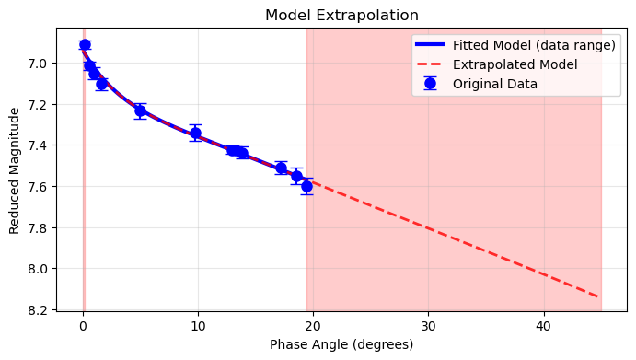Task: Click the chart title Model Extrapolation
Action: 341,16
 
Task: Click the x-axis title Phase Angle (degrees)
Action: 341,344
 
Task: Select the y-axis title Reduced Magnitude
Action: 15,170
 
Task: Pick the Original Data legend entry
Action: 495,84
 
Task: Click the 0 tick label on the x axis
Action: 83,325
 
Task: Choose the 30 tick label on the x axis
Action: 428,325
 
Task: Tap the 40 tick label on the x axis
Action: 543,325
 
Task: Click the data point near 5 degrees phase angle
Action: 140,110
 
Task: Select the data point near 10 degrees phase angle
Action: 195,133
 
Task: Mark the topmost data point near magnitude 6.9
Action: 85,44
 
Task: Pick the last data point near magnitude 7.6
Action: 306,186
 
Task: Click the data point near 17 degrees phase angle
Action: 281,168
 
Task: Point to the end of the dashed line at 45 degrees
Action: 600,297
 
